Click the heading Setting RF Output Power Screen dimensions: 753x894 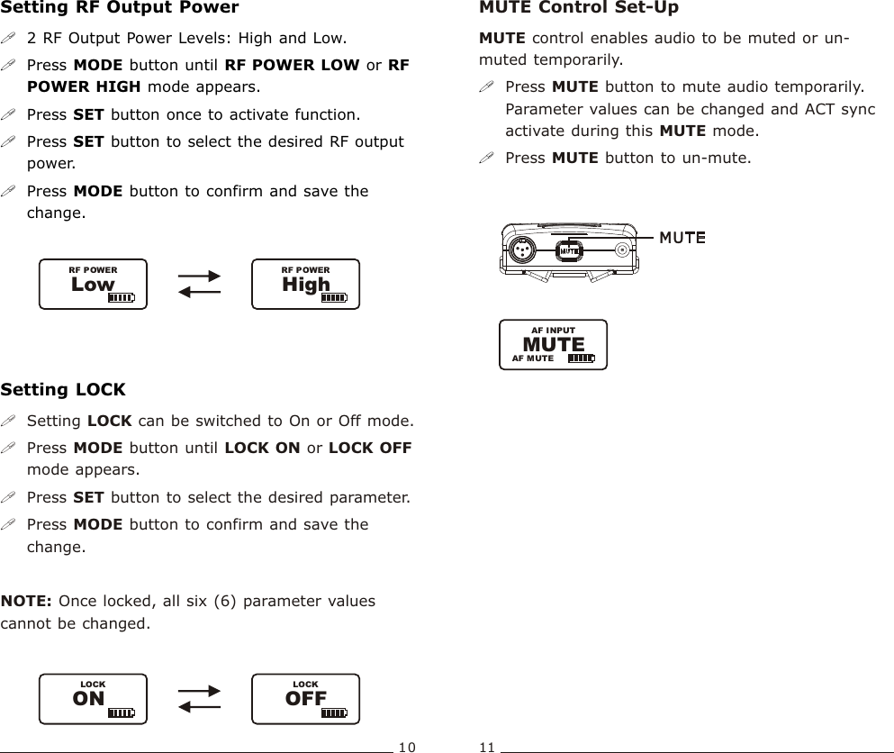[x=120, y=8]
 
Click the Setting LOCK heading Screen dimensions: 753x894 [x=63, y=390]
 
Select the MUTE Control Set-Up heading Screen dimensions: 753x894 [x=579, y=8]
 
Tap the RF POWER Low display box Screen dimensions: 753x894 [x=93, y=285]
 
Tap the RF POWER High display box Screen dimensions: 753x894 [x=305, y=285]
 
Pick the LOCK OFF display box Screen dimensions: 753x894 [x=305, y=699]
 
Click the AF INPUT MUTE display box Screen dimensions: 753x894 [x=553, y=344]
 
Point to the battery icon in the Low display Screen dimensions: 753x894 [x=121, y=298]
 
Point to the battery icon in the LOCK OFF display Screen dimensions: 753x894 [x=333, y=712]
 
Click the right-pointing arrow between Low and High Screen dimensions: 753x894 [x=200, y=277]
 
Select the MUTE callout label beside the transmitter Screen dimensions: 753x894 [x=682, y=237]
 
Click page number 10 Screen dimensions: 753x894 [x=407, y=747]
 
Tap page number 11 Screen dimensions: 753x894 [x=487, y=747]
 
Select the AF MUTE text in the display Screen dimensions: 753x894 [x=533, y=358]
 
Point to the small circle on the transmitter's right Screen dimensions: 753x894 [x=622, y=250]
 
